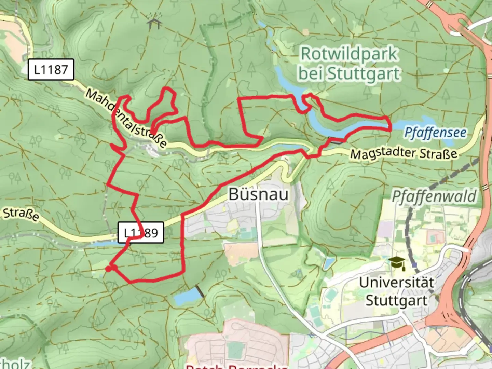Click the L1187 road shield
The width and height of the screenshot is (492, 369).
pyautogui.click(x=51, y=70)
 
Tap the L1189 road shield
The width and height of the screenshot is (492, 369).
pyautogui.click(x=141, y=233)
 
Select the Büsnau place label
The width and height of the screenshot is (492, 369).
pyautogui.click(x=259, y=194)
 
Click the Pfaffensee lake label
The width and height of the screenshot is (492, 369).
pyautogui.click(x=435, y=133)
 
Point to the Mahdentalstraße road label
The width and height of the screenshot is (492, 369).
pyautogui.click(x=126, y=118)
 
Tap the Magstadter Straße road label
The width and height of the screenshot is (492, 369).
pyautogui.click(x=404, y=153)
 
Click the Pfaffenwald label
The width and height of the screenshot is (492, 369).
pyautogui.click(x=434, y=196)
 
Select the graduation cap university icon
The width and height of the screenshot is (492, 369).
pyautogui.click(x=398, y=263)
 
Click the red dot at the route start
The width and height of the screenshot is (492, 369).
pyautogui.click(x=108, y=269)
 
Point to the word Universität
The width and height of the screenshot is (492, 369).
pyautogui.click(x=396, y=283)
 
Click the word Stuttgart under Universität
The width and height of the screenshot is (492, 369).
pyautogui.click(x=396, y=300)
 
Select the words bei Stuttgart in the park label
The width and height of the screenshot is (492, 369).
pyautogui.click(x=349, y=73)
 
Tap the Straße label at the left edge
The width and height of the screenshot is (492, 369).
pyautogui.click(x=20, y=214)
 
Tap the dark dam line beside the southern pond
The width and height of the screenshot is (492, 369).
pyautogui.click(x=200, y=291)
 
